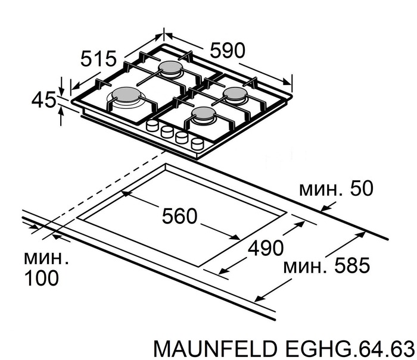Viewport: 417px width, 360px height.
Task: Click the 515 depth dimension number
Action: pos(98,59)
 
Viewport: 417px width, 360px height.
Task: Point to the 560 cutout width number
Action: pos(179,216)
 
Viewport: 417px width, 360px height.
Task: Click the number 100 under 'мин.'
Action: pos(42,277)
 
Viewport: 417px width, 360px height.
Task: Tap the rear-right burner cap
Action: pos(234,93)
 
